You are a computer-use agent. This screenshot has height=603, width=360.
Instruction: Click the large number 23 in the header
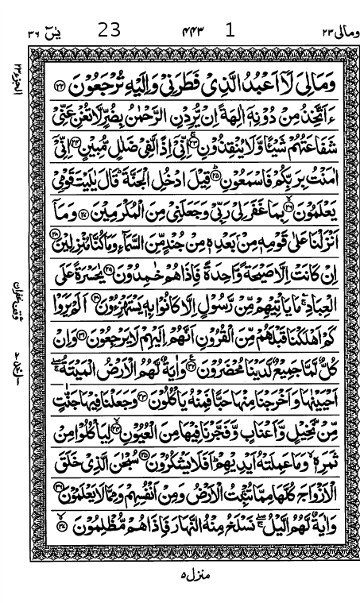(109, 10)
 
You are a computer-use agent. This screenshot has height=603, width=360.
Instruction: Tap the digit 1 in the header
(230, 10)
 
